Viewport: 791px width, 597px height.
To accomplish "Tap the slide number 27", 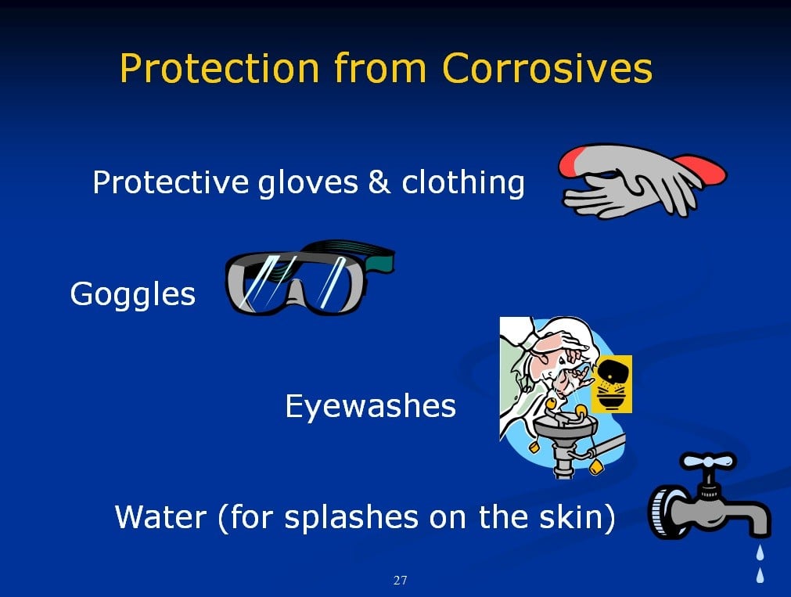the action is tap(400, 581).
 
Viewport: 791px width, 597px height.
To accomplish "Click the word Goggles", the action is tap(133, 294).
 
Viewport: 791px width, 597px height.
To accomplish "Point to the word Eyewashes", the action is tap(370, 406).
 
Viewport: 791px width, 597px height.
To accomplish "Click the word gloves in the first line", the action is tap(307, 182).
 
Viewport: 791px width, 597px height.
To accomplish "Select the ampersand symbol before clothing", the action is tap(379, 182).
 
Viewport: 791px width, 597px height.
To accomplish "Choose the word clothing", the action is tap(463, 182).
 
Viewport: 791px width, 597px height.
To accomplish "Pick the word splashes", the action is tap(351, 518).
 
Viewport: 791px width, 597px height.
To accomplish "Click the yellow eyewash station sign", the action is tap(611, 383).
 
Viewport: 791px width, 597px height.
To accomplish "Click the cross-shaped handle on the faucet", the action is tap(708, 462).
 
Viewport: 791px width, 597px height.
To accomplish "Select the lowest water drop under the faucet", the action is tap(760, 575).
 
